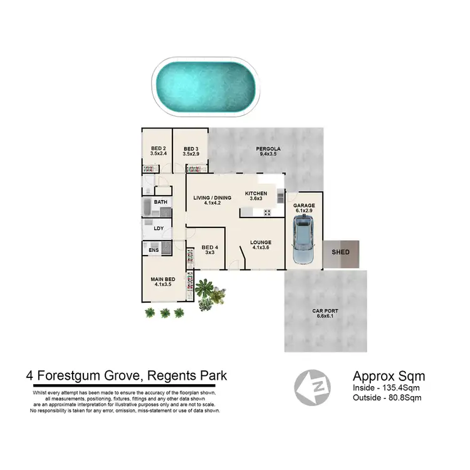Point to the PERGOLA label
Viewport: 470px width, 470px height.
pos(268,149)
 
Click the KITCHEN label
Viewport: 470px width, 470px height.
pos(256,194)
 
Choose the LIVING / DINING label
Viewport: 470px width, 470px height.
pos(212,198)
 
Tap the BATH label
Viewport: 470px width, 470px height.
pos(161,202)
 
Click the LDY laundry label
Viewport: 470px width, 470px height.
pos(159,228)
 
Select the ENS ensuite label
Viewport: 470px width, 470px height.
pos(154,250)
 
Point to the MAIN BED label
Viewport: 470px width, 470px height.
pos(162,279)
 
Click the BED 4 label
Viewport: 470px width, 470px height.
pos(209,248)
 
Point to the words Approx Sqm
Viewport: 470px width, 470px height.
pos(389,377)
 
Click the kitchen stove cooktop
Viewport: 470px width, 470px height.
pos(266,212)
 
